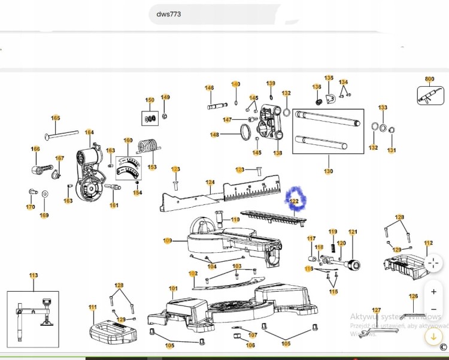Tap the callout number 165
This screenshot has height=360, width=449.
pyautogui.click(x=56, y=118)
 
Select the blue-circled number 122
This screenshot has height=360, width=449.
pyautogui.click(x=294, y=201)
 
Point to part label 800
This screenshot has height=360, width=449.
pyautogui.click(x=429, y=79)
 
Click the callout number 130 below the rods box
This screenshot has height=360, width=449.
pyautogui.click(x=328, y=171)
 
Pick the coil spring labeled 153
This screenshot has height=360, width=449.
pyautogui.click(x=149, y=146)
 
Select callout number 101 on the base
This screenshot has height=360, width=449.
pyautogui.click(x=173, y=289)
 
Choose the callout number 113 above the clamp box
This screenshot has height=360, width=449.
pyautogui.click(x=34, y=276)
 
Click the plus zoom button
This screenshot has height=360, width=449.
pyautogui.click(x=433, y=292)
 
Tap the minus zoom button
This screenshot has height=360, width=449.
pyautogui.click(x=433, y=310)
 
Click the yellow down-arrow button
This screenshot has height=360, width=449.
pyautogui.click(x=433, y=337)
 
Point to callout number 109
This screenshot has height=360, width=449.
pyautogui.click(x=168, y=241)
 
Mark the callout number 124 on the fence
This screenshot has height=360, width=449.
pyautogui.click(x=210, y=182)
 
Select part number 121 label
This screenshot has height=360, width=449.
pyautogui.click(x=353, y=232)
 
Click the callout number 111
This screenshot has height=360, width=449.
pyautogui.click(x=93, y=307)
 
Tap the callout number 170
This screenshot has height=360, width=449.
pyautogui.click(x=31, y=207)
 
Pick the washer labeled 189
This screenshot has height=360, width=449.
pyautogui.click(x=45, y=194)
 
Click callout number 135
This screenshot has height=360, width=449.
pyautogui.click(x=329, y=78)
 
